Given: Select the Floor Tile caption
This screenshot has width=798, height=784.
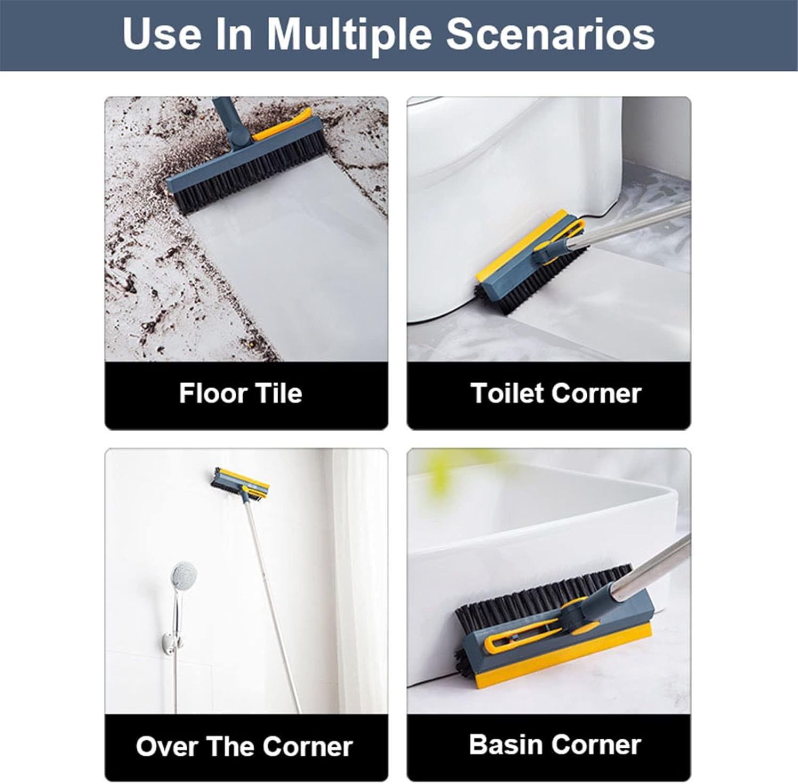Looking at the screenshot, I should pos(240,393).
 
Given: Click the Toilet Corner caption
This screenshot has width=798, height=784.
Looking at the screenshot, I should pos(556,393).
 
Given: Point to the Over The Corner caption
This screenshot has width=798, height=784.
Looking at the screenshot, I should pos(244,746).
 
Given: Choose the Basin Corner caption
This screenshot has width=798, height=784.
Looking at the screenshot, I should pos(555,744).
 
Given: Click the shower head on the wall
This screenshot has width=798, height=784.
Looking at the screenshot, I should pos(184,575).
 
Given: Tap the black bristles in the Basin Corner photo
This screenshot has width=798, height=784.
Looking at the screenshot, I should pos(543,596).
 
